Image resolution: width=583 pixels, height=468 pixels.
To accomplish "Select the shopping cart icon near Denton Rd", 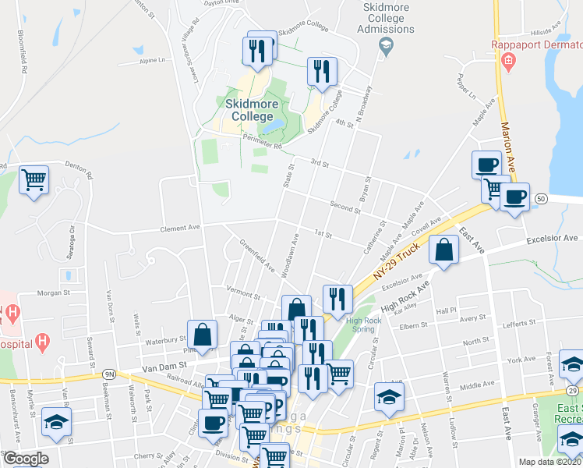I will point(34,180).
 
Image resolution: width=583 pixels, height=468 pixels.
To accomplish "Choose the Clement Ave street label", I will point(180,229).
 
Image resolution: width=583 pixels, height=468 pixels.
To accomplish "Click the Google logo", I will point(25,459).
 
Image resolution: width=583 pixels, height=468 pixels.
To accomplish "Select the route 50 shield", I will point(541,200).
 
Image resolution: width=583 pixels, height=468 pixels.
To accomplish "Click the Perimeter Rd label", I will point(260,144).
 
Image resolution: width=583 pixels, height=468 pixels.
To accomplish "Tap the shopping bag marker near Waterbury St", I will point(202,335).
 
